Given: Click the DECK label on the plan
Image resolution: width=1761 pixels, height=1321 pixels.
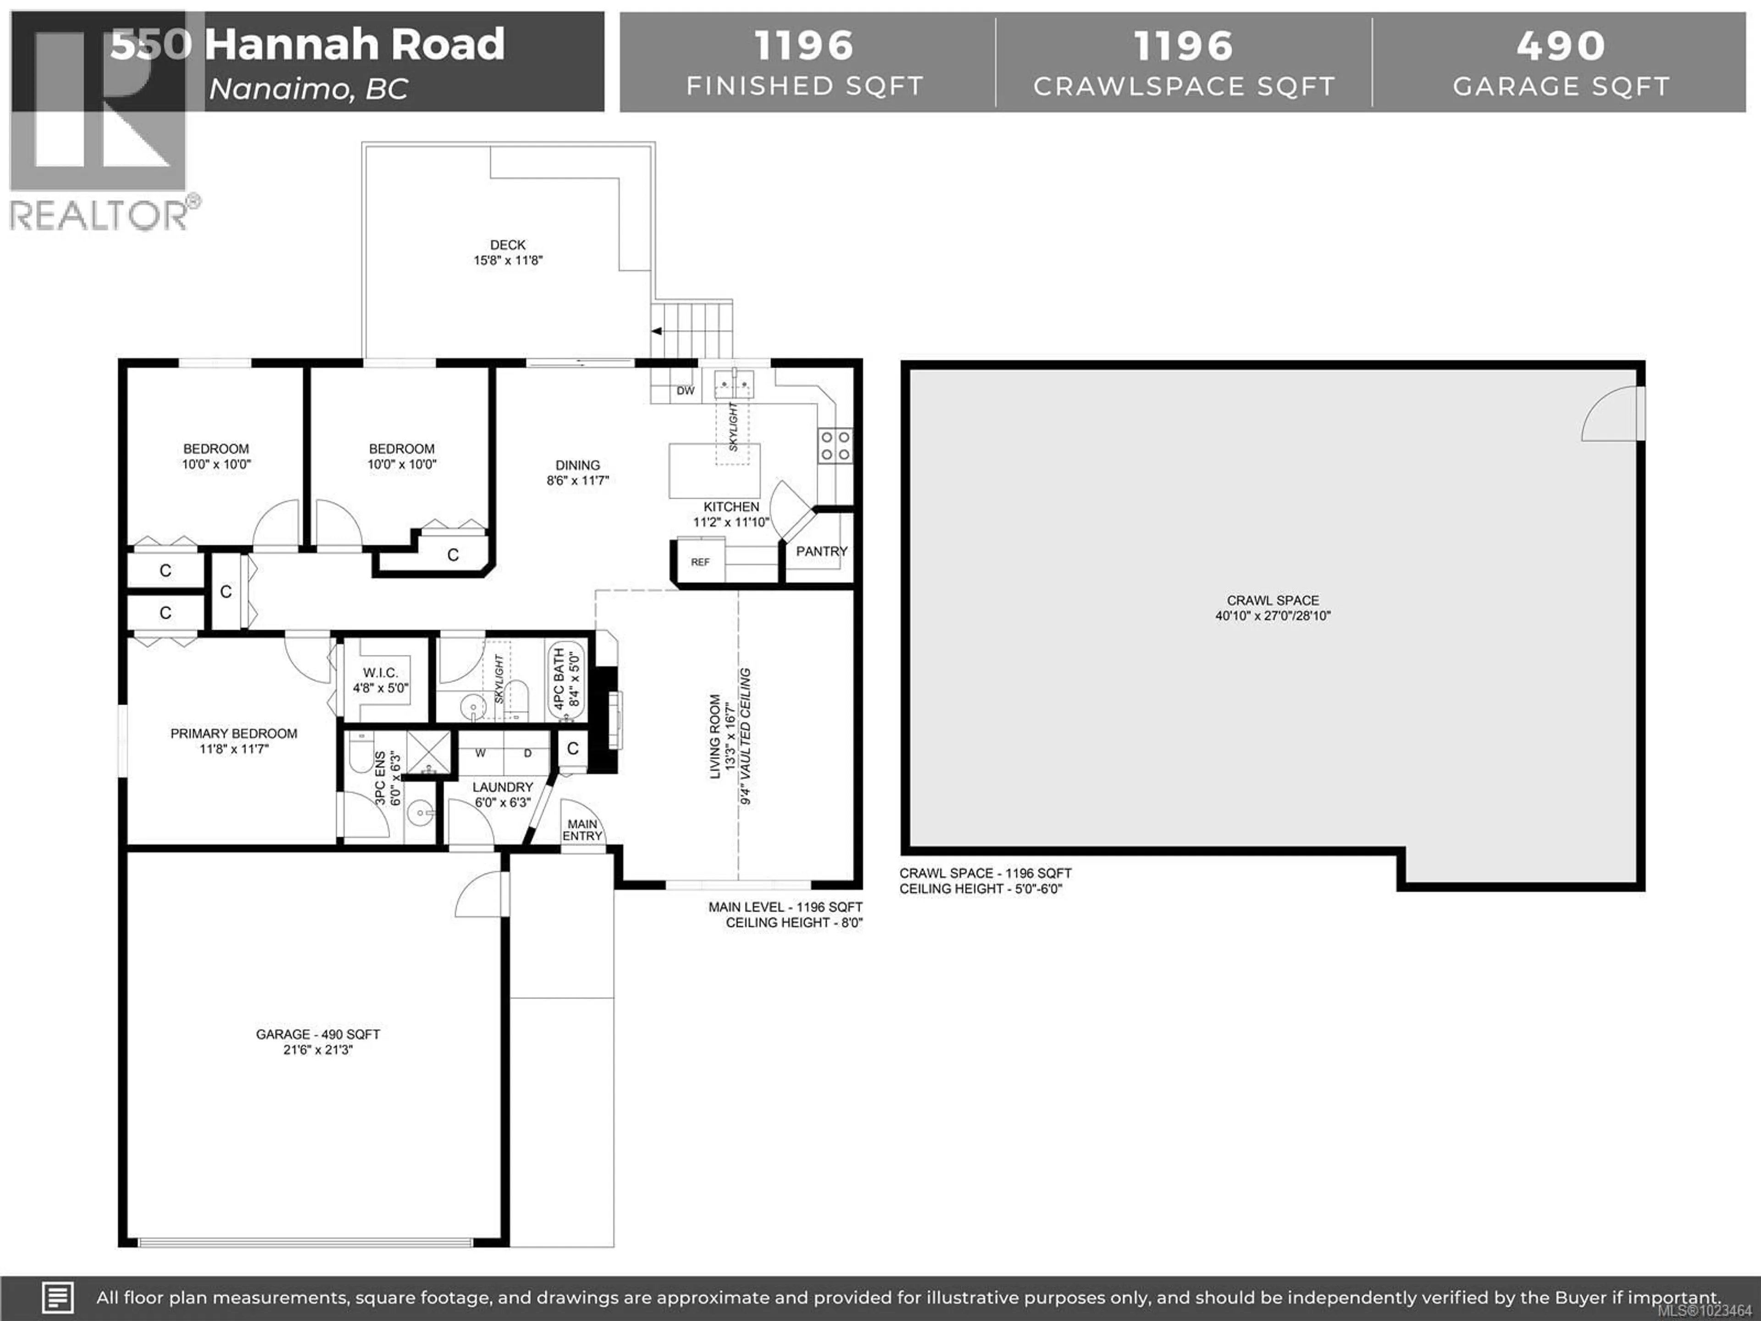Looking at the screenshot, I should pyautogui.click(x=508, y=244).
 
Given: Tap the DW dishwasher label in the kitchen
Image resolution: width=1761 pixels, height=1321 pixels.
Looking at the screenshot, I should pyautogui.click(x=686, y=391).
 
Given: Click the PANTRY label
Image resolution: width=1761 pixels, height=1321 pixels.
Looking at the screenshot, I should pyautogui.click(x=822, y=551).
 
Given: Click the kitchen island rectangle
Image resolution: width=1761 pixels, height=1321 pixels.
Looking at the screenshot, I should pyautogui.click(x=714, y=472).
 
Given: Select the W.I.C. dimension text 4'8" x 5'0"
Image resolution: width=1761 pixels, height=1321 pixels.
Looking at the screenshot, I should pyautogui.click(x=381, y=688).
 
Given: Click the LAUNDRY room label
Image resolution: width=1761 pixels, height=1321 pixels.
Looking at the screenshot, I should pyautogui.click(x=502, y=787).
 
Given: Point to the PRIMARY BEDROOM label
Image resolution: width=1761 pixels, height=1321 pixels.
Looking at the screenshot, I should pyautogui.click(x=233, y=733).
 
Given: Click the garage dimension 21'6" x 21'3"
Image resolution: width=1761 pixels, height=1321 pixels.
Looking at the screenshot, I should pyautogui.click(x=318, y=1049).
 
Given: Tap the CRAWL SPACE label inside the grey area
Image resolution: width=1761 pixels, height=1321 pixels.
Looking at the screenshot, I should pyautogui.click(x=1272, y=600).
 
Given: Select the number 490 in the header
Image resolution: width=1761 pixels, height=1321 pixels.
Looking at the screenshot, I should pyautogui.click(x=1561, y=45).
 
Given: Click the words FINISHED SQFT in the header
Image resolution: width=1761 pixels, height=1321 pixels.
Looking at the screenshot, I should pyautogui.click(x=804, y=86).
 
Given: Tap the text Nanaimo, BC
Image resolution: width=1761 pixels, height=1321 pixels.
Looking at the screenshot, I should pyautogui.click(x=308, y=89).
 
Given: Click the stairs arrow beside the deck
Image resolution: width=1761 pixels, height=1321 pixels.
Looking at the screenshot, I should pyautogui.click(x=657, y=331).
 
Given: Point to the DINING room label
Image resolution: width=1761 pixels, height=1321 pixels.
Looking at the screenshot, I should pyautogui.click(x=577, y=465).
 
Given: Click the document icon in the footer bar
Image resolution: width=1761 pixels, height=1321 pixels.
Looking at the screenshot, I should pyautogui.click(x=57, y=1297).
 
